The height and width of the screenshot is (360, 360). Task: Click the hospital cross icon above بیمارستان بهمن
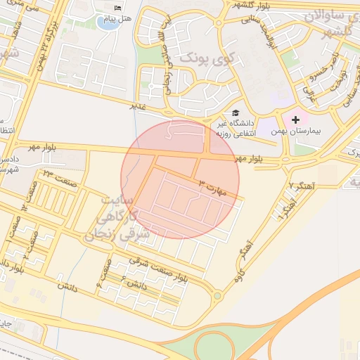point(295,120)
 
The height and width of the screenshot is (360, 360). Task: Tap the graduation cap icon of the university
point(235,112)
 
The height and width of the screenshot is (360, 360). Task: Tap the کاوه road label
point(238,271)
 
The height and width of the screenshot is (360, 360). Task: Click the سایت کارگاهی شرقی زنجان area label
point(116,219)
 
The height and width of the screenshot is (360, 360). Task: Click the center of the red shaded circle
point(180,179)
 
